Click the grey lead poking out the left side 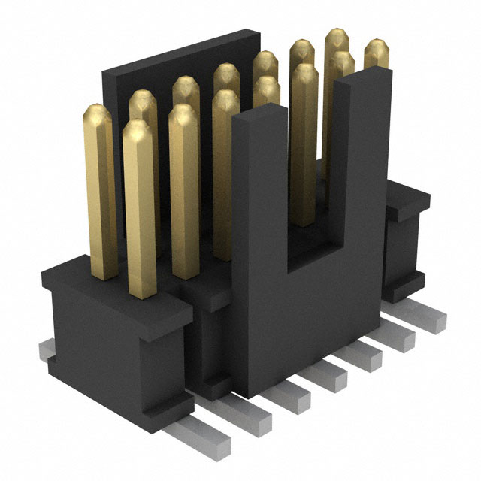47,349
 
